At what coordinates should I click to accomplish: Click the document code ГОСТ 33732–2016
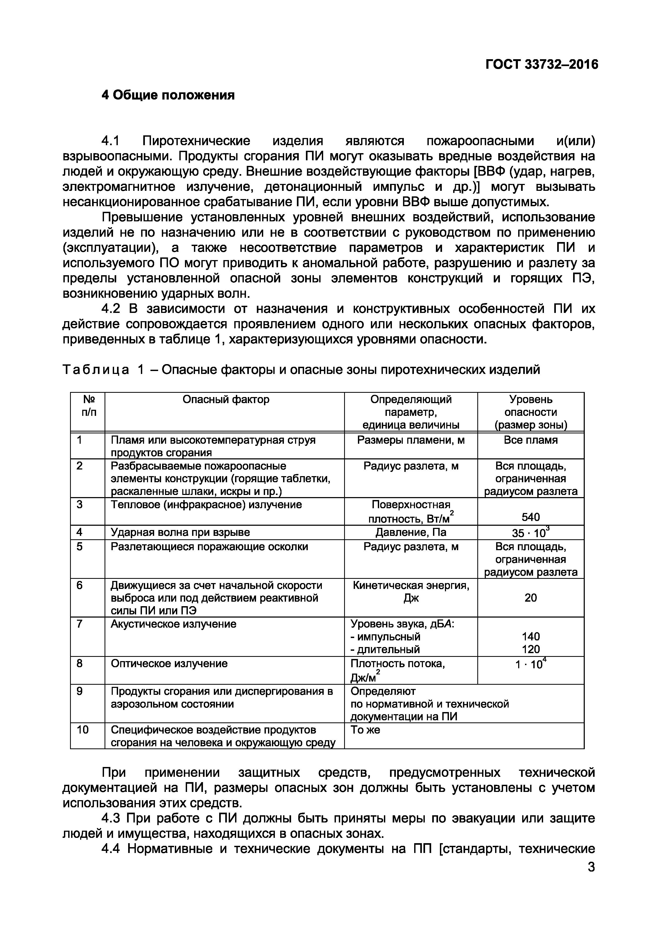(542, 64)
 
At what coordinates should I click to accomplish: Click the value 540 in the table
(530, 517)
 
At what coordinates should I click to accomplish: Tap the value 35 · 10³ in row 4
(530, 532)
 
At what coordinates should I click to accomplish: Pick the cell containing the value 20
(530, 598)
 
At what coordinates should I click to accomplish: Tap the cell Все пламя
(530, 440)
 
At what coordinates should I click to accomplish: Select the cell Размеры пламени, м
(411, 440)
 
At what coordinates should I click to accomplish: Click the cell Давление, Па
(411, 532)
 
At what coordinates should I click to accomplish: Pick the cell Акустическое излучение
(174, 624)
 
